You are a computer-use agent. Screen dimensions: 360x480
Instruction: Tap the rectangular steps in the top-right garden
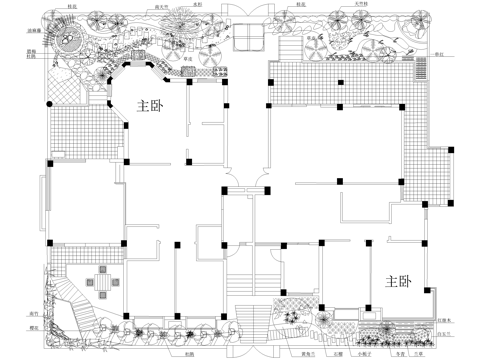click(287, 48)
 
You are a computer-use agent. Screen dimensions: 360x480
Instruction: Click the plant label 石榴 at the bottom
click(189, 353)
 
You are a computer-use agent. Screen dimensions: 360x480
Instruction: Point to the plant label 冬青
click(372, 353)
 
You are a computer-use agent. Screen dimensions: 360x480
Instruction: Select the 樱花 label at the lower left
click(33, 328)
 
